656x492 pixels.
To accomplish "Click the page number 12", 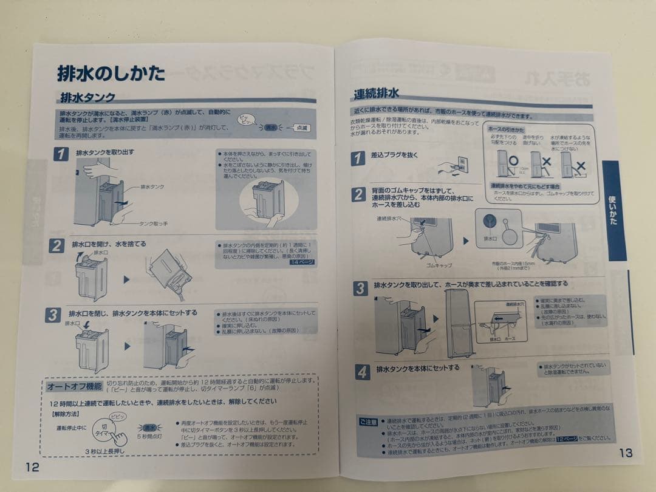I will (x=33, y=466).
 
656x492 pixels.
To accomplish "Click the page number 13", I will (x=626, y=453).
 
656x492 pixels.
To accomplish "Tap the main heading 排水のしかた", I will (x=111, y=73).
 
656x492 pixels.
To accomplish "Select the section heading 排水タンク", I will (x=87, y=97).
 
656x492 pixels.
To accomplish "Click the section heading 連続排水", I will (x=376, y=94).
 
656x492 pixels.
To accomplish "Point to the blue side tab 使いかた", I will (x=613, y=210).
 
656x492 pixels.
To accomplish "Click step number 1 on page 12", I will (x=61, y=154).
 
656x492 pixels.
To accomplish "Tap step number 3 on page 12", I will (x=53, y=315).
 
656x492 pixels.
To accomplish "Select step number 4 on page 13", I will (x=362, y=372).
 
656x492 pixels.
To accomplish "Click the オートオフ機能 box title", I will (x=74, y=386).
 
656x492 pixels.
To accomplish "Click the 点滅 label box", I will (x=301, y=128).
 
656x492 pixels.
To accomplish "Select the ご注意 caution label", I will (x=368, y=420).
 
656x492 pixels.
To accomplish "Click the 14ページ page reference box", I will (x=302, y=262).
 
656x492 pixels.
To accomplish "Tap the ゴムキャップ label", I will (x=438, y=265).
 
